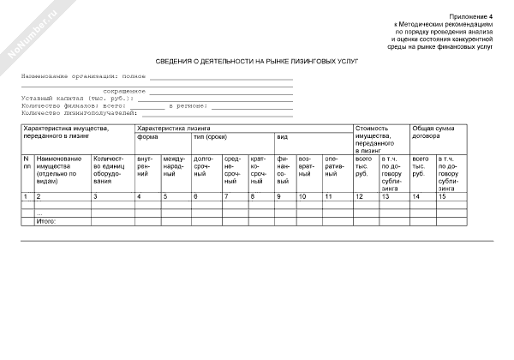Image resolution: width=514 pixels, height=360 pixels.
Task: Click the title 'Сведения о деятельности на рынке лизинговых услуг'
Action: [257, 62]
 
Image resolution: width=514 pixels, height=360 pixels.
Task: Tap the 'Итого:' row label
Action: [45, 222]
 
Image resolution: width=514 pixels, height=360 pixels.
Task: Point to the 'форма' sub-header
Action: [147, 137]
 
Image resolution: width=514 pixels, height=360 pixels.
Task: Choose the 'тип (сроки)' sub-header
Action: [211, 137]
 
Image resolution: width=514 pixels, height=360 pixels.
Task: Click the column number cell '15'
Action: [443, 197]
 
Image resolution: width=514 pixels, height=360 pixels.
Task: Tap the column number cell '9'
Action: [279, 197]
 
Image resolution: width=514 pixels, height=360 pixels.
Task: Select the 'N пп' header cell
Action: [27, 163]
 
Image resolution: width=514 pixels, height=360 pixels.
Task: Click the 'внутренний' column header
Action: [145, 166]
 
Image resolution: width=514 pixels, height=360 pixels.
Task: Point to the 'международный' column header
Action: [175, 166]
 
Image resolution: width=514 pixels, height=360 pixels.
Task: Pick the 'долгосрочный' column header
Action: [204, 166]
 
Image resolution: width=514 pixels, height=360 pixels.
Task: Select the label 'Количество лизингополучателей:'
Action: [79, 111]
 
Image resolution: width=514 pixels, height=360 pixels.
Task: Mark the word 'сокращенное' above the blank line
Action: [123, 90]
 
